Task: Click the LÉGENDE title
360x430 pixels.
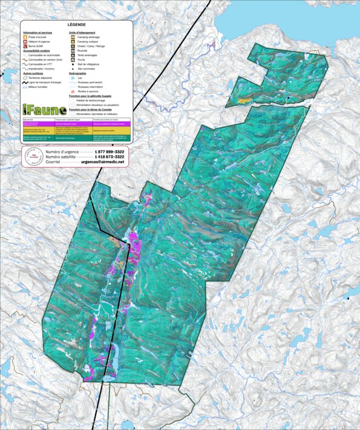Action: pyautogui.click(x=76, y=24)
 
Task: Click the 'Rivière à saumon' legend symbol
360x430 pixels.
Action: pyautogui.click(x=73, y=91)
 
